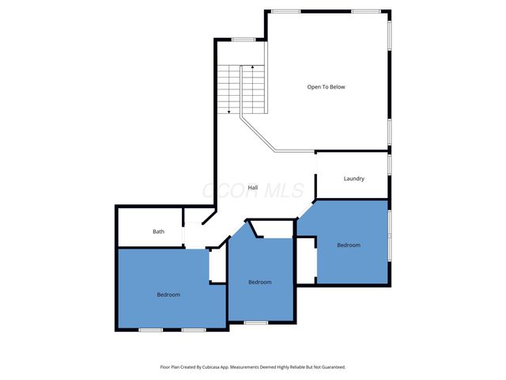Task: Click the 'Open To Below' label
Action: [326, 87]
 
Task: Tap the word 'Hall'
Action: [253, 188]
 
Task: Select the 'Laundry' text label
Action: [353, 179]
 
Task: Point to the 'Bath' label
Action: [158, 232]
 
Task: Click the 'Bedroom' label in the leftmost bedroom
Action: [168, 294]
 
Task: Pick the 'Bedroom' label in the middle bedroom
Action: [259, 283]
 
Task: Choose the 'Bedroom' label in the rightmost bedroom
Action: [348, 245]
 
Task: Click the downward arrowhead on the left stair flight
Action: [229, 112]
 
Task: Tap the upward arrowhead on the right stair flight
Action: [251, 69]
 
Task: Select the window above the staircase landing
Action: [243, 40]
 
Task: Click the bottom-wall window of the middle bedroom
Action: [255, 322]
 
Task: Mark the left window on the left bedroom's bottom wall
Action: [150, 329]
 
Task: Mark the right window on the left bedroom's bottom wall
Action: [194, 329]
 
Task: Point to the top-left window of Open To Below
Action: [285, 11]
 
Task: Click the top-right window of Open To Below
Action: [365, 11]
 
